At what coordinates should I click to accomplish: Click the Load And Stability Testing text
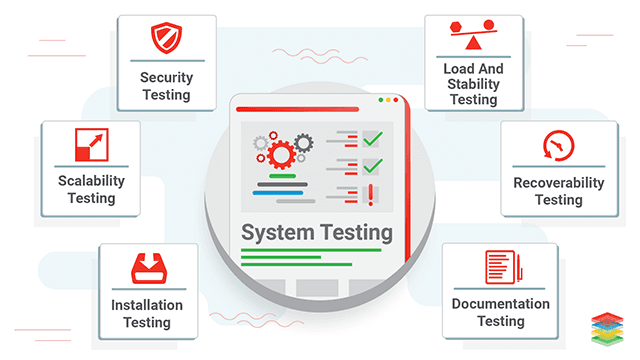pos(473,85)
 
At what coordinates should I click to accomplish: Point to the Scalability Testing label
pos(91,189)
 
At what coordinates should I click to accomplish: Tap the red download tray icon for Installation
pos(153,268)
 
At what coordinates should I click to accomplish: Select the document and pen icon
pos(500,266)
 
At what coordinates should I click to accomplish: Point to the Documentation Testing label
pos(500,312)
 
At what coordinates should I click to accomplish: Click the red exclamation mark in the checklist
pos(371,193)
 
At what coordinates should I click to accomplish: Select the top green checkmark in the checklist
pos(372,137)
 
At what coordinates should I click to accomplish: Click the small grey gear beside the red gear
pos(262,144)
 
